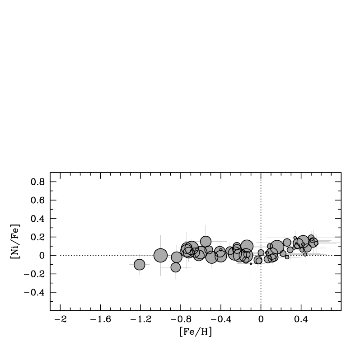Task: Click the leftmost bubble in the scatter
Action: (140, 265)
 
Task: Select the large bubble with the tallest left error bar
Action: (160, 255)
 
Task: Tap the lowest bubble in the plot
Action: (176, 267)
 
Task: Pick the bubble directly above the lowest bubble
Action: (177, 257)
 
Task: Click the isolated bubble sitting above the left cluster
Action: (206, 242)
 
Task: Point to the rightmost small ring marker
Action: (316, 243)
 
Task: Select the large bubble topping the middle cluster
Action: (247, 246)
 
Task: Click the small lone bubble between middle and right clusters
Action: (261, 252)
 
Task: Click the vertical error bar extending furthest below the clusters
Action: (251, 271)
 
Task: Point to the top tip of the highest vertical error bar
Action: (206, 225)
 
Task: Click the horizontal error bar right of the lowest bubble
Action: (186, 267)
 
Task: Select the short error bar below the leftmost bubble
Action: (140, 272)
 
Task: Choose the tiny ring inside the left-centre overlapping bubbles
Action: (221, 250)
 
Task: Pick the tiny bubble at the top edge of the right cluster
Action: (311, 233)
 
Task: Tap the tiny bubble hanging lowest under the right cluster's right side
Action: (305, 254)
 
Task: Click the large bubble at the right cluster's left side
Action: (277, 247)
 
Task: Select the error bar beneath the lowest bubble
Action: (176, 276)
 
